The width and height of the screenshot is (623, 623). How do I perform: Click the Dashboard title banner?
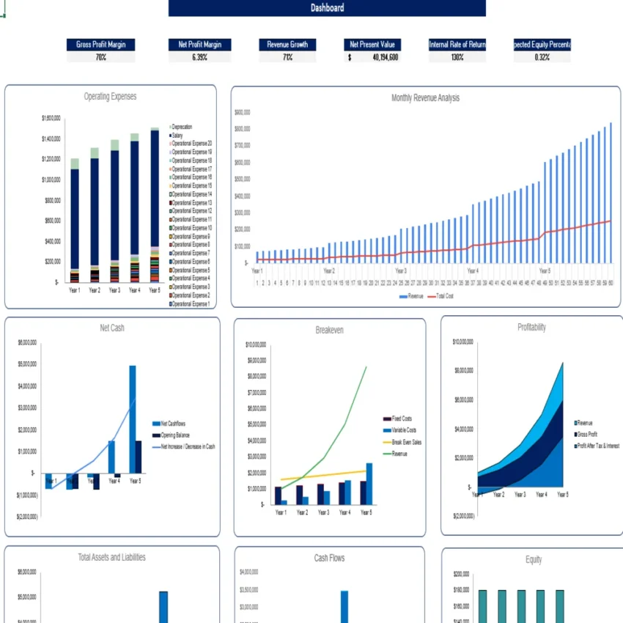coord(327,8)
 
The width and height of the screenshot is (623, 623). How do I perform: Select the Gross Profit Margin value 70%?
coord(100,57)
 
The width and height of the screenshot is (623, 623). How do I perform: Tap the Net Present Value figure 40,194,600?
coord(384,57)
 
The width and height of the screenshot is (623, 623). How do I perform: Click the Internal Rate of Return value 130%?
coord(457,57)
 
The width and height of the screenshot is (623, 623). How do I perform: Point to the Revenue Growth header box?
coord(287,45)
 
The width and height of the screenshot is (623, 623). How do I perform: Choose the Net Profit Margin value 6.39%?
coord(199,57)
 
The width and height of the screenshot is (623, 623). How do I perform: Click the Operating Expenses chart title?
coord(110,97)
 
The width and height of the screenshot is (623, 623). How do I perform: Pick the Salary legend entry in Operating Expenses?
coord(177,136)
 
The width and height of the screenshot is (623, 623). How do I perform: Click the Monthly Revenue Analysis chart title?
coord(425,97)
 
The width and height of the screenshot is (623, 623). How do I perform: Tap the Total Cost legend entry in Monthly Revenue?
coord(445,296)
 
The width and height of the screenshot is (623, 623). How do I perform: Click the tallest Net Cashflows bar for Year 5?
coord(133,418)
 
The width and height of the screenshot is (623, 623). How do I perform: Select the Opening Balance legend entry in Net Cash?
coord(175,435)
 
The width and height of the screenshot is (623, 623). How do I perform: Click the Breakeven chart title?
coord(329,331)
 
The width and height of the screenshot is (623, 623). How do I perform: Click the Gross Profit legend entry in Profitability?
coord(588,435)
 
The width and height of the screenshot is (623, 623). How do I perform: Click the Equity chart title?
coord(534,560)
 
